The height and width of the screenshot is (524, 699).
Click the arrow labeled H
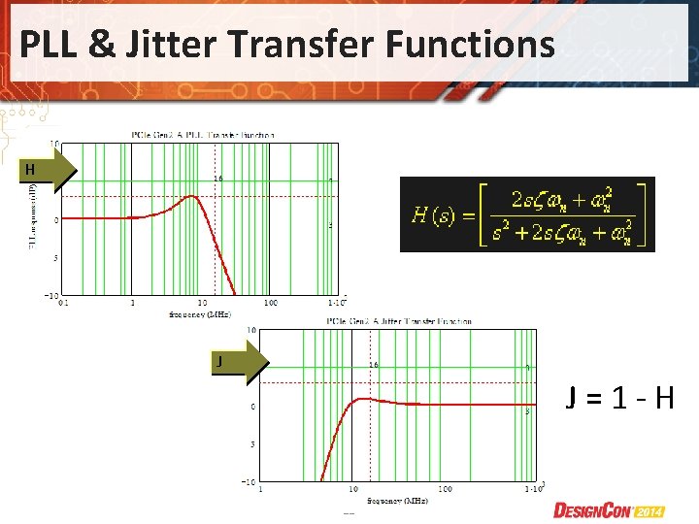pos(50,171)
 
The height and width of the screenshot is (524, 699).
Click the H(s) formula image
pos(527,214)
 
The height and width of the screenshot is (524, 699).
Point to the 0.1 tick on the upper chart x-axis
pos(64,302)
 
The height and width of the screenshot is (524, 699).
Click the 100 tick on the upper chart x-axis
pos(271,302)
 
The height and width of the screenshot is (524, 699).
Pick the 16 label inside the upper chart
pos(219,180)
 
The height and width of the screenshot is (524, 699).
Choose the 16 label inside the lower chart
pos(373,366)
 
